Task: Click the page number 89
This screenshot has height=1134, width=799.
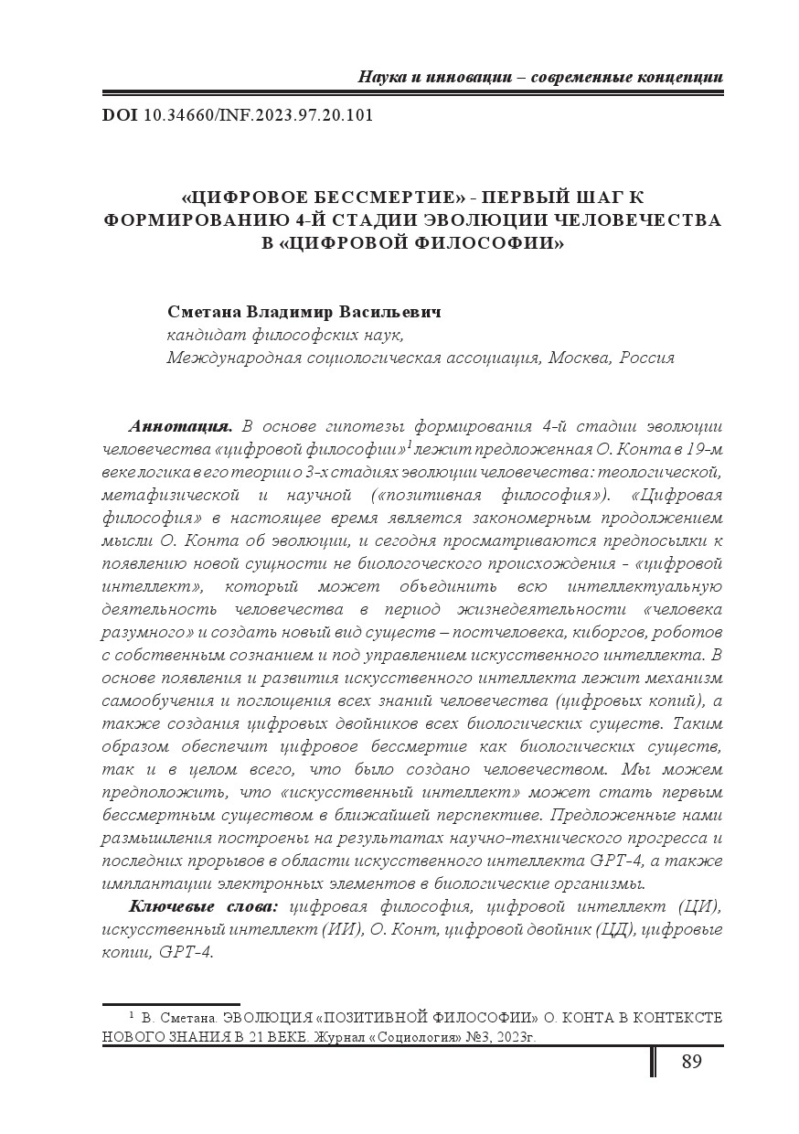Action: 691,1062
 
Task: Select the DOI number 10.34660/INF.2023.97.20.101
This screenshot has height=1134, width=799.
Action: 259,116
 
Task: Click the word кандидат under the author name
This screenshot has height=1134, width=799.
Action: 201,335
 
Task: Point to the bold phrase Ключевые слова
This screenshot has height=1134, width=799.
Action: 203,906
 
